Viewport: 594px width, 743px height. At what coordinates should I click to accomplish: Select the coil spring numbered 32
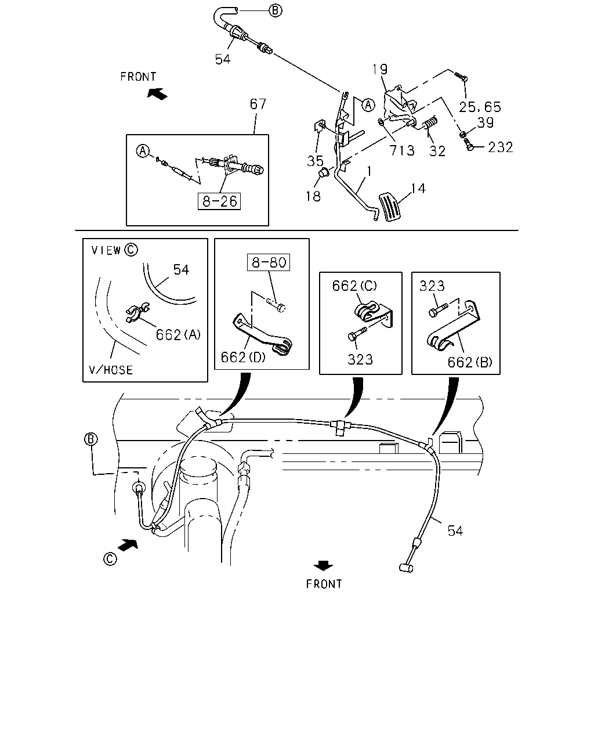pos(430,122)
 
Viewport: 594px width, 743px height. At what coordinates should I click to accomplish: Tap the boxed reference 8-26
pos(219,201)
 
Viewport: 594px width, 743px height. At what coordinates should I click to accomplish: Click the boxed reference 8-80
pos(269,262)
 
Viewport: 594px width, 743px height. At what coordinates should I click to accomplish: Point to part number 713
pos(402,150)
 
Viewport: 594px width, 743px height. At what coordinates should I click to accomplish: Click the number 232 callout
pos(501,147)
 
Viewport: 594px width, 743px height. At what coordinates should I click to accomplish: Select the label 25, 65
pos(480,107)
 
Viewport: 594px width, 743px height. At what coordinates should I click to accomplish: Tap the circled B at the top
pos(275,10)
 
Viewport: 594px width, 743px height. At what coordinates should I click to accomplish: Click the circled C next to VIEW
pos(131,250)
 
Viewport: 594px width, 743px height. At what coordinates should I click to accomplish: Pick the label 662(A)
pos(178,334)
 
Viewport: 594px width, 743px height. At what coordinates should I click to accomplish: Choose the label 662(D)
pos(243,358)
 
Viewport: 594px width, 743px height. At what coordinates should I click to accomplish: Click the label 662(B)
pos(470,362)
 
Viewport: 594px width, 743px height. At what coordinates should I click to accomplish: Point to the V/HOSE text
pos(111,370)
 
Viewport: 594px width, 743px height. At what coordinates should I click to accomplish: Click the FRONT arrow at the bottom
pos(324,565)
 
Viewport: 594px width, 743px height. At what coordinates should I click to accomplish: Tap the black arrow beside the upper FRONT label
pos(157,93)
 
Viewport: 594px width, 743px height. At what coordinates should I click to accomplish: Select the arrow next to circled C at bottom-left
pos(128,544)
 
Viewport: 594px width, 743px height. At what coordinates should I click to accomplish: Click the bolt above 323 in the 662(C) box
pos(357,333)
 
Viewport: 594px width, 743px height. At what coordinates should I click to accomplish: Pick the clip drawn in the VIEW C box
pos(137,312)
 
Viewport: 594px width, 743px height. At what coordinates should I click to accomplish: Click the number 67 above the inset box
pos(258,104)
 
